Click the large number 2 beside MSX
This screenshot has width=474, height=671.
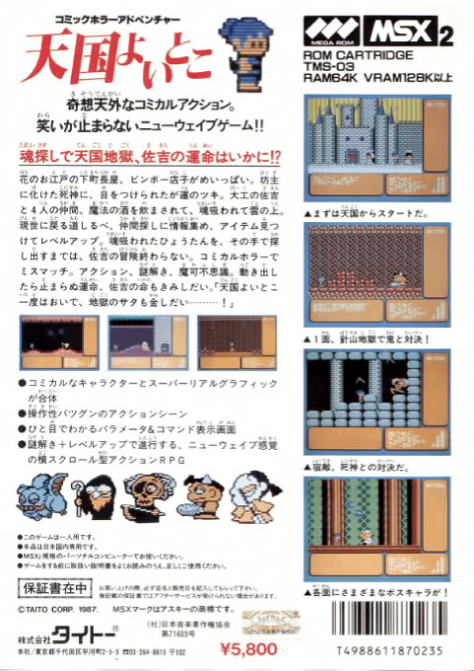tap(445, 37)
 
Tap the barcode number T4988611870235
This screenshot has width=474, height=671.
tap(390, 653)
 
